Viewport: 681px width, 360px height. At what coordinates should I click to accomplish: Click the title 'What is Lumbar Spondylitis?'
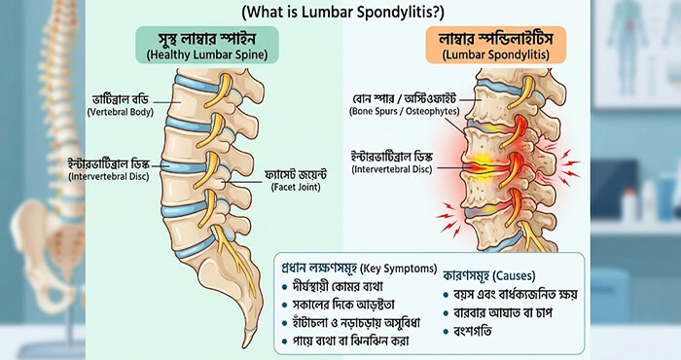[343, 12]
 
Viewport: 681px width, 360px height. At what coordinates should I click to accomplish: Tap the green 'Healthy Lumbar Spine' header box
[207, 45]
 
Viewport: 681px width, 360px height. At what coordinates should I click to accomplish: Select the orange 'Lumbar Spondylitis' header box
[495, 45]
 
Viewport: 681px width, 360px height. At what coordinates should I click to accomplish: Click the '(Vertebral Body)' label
[121, 112]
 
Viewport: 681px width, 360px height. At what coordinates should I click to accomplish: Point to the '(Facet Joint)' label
[296, 187]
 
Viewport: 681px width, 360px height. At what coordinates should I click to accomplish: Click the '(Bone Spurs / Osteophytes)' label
[405, 111]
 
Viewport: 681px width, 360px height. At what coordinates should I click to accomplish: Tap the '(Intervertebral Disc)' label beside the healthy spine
[109, 177]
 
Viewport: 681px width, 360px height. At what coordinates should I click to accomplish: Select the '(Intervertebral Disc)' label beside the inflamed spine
[392, 169]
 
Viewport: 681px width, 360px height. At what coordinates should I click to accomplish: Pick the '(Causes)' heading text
[515, 275]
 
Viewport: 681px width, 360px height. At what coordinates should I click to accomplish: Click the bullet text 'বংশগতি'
[473, 332]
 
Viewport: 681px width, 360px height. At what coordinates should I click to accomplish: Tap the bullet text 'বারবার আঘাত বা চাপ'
[503, 312]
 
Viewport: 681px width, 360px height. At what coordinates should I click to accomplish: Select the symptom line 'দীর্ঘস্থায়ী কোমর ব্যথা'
[338, 287]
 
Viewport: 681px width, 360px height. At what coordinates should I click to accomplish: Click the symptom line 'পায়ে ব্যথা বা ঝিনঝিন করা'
[351, 341]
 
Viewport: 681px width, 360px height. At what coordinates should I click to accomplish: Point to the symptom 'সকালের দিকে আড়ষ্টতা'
[343, 305]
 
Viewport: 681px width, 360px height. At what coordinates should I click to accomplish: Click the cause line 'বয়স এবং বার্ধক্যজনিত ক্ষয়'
[516, 295]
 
